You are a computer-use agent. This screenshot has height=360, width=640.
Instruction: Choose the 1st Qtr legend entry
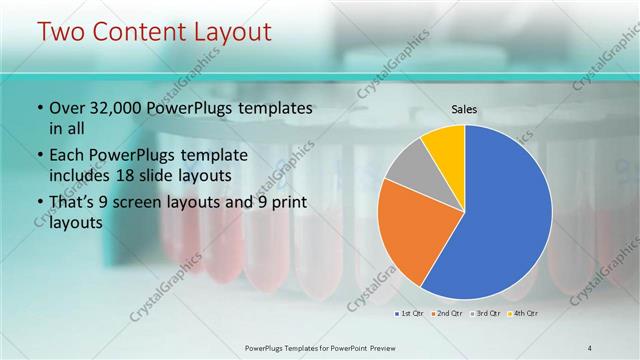click(410, 313)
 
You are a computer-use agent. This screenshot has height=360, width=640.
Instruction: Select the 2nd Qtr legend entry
click(446, 313)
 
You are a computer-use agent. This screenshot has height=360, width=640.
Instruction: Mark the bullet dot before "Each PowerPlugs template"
click(39, 156)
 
